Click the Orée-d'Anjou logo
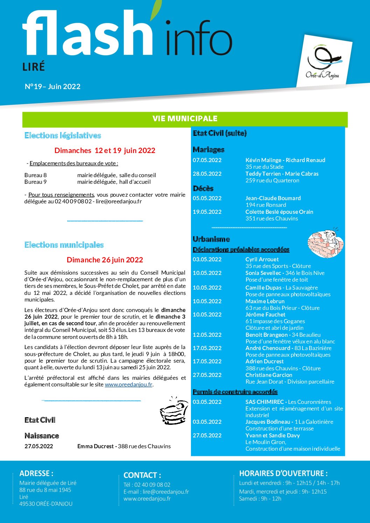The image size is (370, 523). pos(323,63)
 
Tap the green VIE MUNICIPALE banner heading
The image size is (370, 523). pos(185,119)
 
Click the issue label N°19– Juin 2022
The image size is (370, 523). pos(53,87)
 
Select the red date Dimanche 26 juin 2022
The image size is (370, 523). pos(105,260)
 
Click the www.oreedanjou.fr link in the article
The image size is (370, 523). pos(129,385)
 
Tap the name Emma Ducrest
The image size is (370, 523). pos(95,446)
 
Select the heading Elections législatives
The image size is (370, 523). pos(63,136)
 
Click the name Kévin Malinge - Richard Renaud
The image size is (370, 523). pos(285,160)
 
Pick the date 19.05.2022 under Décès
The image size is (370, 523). pos(207,212)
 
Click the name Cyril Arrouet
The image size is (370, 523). pos(262,259)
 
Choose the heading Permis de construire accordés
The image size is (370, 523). pos(235,392)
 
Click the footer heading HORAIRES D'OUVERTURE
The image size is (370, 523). pos(284,474)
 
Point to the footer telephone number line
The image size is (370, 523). pos(147,485)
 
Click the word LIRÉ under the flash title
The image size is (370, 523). pos(34,67)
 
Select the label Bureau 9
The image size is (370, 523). pos(35,182)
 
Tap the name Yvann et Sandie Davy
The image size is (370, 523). pos(272,436)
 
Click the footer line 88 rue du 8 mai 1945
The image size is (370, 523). pos(45,490)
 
